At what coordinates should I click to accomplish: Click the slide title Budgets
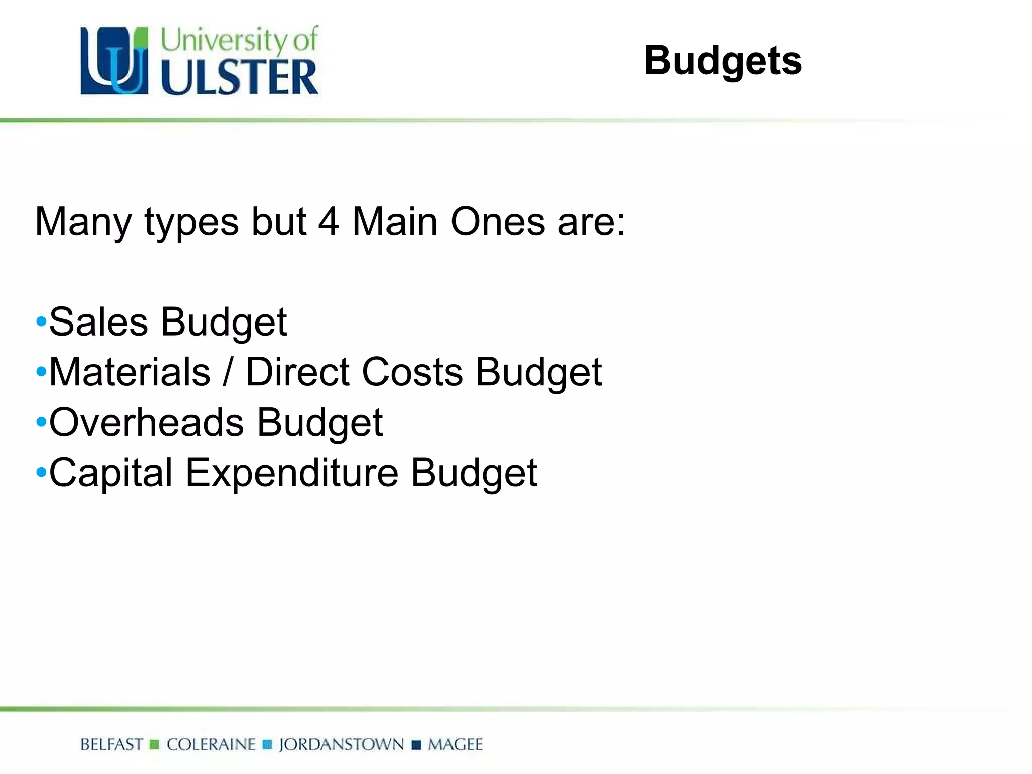tap(722, 61)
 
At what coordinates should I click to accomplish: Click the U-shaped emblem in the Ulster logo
tap(114, 60)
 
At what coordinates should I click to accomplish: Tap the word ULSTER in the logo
tap(239, 77)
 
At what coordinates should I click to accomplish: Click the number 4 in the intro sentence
tap(329, 222)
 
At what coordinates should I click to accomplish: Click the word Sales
tap(98, 322)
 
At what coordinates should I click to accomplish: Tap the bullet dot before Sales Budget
tap(41, 322)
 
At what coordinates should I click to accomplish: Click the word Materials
tap(130, 372)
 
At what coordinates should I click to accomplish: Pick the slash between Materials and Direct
tap(228, 372)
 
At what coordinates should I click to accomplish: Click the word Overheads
tap(147, 422)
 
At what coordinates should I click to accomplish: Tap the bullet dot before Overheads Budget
tap(41, 422)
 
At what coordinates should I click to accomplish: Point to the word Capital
tap(111, 473)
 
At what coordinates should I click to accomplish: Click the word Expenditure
tap(292, 473)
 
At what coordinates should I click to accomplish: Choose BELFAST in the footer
tap(111, 744)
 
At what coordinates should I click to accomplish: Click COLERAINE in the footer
tap(211, 744)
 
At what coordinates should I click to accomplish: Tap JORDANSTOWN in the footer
tap(341, 744)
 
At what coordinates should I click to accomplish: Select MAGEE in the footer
tap(455, 744)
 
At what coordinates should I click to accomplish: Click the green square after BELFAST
tap(155, 744)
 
